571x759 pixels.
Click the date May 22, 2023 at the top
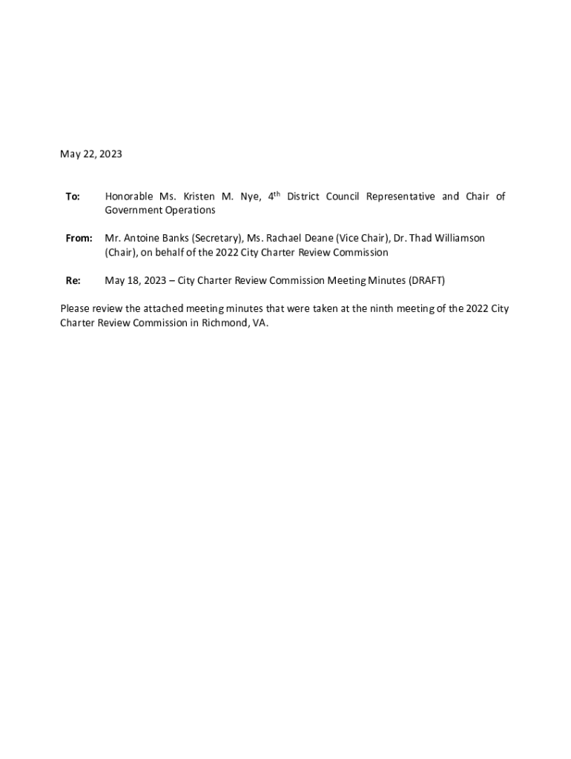pos(90,154)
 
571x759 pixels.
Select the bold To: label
pos(73,196)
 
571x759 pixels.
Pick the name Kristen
pos(195,196)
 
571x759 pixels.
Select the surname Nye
pos(250,196)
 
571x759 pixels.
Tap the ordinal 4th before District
pos(274,196)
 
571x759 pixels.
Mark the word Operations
pos(190,211)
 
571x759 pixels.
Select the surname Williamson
pos(454,239)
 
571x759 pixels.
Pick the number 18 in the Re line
pos(133,281)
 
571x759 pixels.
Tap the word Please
pos(76,309)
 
